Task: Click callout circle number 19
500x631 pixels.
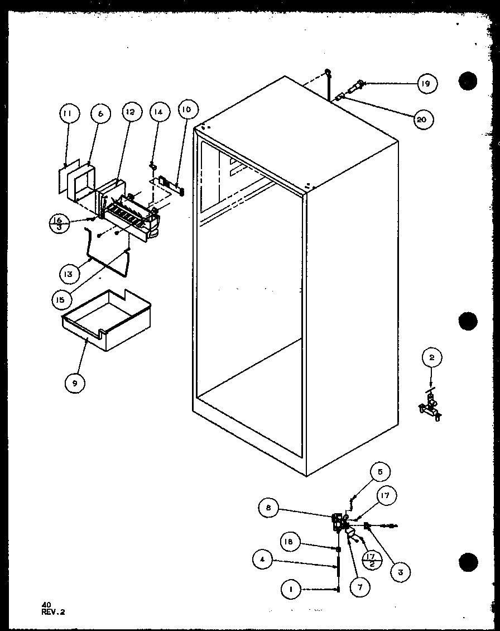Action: (426, 84)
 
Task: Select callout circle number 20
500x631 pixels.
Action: (424, 119)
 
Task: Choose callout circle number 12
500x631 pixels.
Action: (130, 112)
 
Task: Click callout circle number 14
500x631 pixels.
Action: (158, 112)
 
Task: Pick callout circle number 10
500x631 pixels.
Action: (186, 110)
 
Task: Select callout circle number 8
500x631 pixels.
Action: (268, 508)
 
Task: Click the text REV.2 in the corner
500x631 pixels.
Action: (53, 611)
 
